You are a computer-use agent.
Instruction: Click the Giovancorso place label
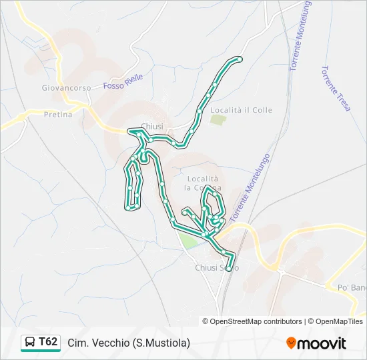57,87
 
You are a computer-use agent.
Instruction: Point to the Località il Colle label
241,110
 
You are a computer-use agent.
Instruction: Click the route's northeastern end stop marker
240,60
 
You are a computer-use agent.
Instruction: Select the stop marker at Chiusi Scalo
229,269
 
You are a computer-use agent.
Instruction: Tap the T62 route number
48,343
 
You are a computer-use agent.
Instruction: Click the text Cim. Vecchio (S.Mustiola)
129,343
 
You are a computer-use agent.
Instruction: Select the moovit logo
316,343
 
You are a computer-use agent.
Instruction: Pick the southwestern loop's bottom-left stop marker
127,208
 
